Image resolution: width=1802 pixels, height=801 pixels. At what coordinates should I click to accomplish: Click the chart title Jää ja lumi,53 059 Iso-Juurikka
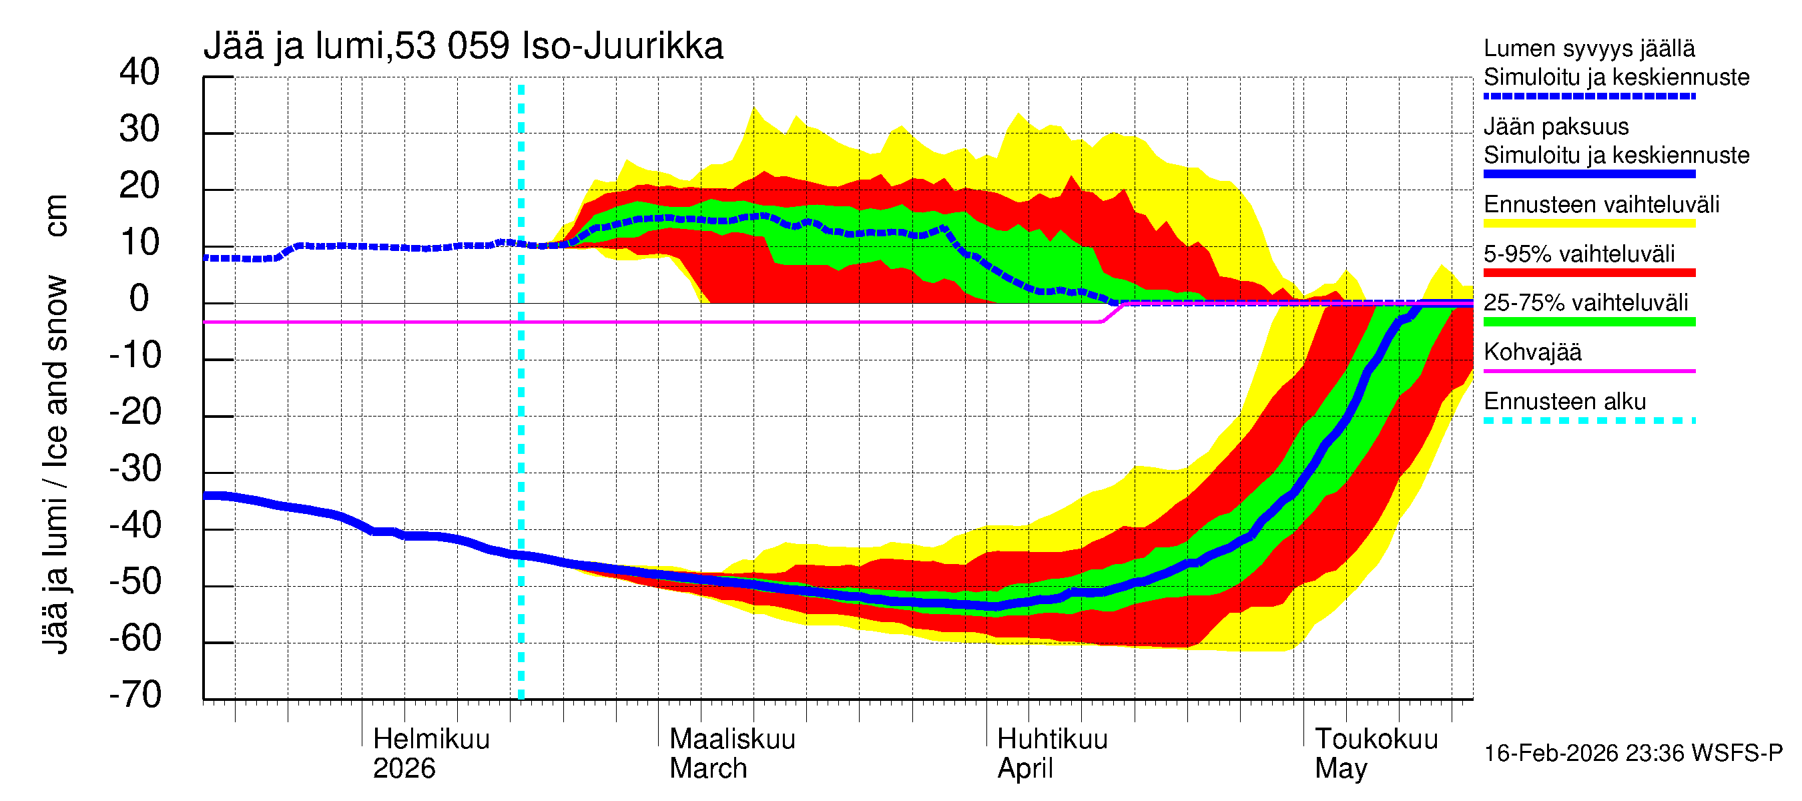click(x=463, y=46)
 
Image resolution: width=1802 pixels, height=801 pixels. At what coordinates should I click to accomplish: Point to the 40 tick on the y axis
click(x=139, y=72)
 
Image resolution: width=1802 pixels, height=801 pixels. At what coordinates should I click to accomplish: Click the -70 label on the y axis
click(x=135, y=696)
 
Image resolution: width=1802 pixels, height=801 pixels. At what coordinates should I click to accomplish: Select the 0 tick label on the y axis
click(x=139, y=299)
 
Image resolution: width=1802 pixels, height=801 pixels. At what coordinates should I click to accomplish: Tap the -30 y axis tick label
click(x=135, y=469)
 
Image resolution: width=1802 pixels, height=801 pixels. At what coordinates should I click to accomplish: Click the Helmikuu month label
click(x=431, y=739)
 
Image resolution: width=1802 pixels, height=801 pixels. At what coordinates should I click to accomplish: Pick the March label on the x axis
click(x=708, y=769)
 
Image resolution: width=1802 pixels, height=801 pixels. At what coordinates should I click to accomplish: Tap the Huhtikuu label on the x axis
click(x=1051, y=739)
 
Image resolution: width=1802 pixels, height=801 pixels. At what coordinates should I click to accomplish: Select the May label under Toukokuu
click(x=1340, y=769)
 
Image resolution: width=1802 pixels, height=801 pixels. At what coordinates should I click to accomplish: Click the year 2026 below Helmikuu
click(x=404, y=769)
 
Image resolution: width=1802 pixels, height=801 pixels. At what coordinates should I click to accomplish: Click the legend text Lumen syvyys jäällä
click(x=1588, y=48)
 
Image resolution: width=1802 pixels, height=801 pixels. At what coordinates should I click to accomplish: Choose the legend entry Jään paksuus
click(x=1556, y=127)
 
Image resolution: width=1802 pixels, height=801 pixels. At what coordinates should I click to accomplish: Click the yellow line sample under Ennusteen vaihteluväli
click(x=1588, y=224)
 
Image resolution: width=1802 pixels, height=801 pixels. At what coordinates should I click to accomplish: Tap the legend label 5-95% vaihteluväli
click(x=1579, y=254)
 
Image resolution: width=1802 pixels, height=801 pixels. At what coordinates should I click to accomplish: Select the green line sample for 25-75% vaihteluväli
click(x=1588, y=322)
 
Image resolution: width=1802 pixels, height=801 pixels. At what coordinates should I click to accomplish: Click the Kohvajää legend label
click(x=1532, y=352)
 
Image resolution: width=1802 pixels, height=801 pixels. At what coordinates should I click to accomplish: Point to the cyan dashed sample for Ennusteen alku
click(x=1588, y=421)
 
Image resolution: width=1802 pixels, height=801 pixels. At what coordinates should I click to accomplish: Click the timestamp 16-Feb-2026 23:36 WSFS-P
click(x=1632, y=754)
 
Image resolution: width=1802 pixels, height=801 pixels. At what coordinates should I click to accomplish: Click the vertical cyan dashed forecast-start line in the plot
click(x=521, y=420)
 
